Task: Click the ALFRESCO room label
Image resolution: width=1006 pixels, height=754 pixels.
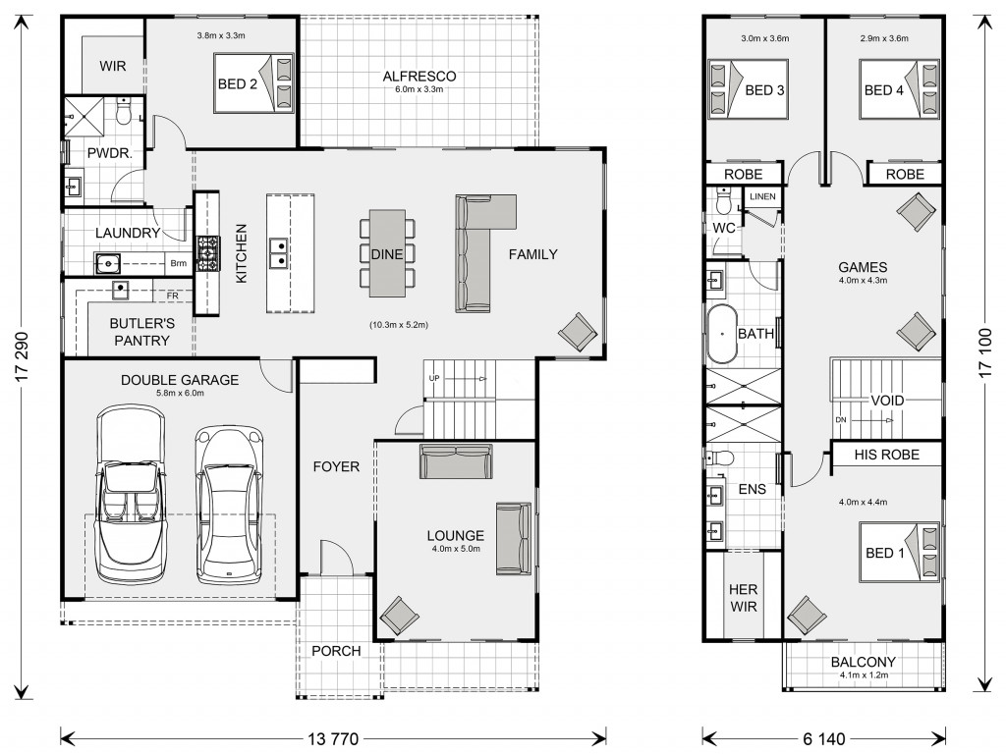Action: [419, 77]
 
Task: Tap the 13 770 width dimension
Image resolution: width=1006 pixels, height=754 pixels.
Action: [333, 739]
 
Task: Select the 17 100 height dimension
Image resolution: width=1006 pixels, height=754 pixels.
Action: [986, 352]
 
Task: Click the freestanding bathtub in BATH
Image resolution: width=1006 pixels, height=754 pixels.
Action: [721, 334]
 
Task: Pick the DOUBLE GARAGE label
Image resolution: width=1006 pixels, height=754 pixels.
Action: [180, 380]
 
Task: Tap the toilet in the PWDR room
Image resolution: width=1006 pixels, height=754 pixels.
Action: [123, 110]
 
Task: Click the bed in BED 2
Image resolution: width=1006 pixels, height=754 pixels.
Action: [253, 83]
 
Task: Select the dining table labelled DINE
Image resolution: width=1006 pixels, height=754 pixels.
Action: [387, 253]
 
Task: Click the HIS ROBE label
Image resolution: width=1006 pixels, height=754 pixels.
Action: [887, 455]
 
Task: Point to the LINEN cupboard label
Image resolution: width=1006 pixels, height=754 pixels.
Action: [762, 196]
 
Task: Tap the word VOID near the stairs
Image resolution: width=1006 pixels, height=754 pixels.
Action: [887, 401]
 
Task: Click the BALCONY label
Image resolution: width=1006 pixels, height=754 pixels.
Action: [863, 662]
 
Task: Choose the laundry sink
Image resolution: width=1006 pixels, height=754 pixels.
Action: [107, 263]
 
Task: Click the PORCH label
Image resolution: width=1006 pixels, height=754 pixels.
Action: [336, 651]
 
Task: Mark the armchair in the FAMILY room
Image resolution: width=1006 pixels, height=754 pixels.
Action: [578, 332]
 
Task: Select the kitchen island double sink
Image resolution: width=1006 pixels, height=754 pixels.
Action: [278, 253]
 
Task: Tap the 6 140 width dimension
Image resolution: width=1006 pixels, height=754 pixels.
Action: [823, 739]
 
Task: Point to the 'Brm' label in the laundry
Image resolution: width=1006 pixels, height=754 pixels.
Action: [179, 263]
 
